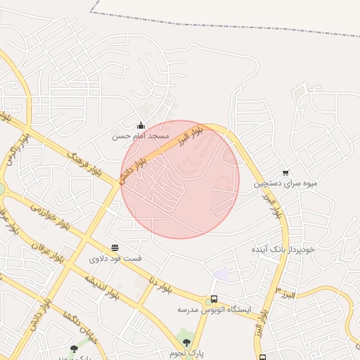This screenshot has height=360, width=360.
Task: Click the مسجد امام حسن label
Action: click(x=141, y=136)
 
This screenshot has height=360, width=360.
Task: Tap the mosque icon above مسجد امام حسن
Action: click(x=141, y=126)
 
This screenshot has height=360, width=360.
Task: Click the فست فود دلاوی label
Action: click(x=115, y=258)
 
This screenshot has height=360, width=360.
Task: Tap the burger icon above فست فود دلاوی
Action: click(x=115, y=248)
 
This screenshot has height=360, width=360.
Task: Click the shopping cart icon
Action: click(x=285, y=172)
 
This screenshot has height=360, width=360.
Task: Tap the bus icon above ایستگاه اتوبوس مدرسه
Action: click(x=214, y=299)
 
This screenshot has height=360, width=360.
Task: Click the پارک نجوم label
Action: click(x=186, y=352)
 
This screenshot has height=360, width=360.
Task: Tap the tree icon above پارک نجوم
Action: click(x=186, y=342)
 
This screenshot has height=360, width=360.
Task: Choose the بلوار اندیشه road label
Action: click(x=102, y=286)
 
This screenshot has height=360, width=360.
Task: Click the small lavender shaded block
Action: click(x=222, y=276)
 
